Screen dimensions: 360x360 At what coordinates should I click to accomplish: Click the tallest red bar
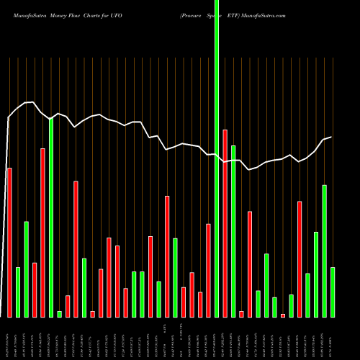pos(225,223)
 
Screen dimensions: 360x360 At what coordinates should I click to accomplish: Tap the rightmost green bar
pos(333,292)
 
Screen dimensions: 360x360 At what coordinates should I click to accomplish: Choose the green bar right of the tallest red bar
pos(233,230)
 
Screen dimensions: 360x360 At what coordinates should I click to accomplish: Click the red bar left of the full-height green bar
pos(209,270)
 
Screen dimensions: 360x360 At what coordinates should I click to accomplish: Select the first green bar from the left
pos(18,292)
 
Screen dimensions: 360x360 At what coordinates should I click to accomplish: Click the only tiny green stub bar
pos(59,313)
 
